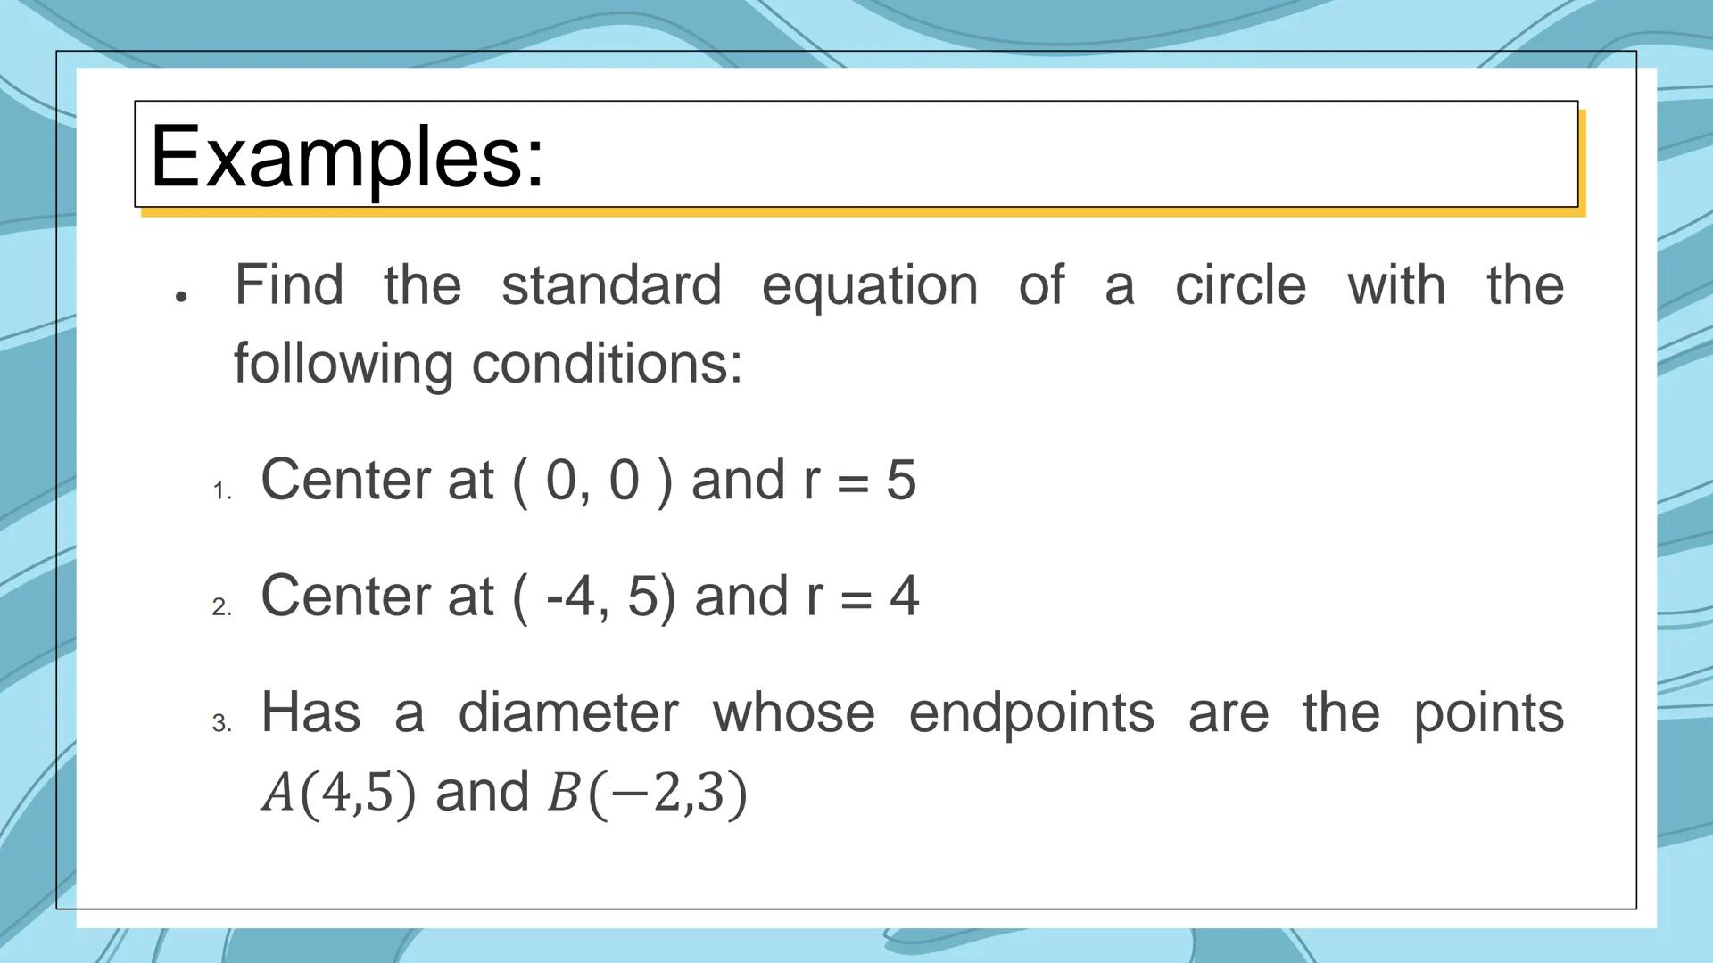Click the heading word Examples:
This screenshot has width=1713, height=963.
pyautogui.click(x=346, y=157)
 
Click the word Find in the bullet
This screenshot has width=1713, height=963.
pyautogui.click(x=288, y=285)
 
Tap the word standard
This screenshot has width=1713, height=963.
pyautogui.click(x=611, y=285)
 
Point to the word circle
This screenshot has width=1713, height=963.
pyautogui.click(x=1240, y=285)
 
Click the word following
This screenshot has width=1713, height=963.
pyautogui.click(x=343, y=364)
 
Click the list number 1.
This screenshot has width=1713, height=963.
pyautogui.click(x=220, y=491)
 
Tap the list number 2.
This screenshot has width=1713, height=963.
pyautogui.click(x=221, y=607)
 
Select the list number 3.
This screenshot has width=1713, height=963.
pyautogui.click(x=221, y=723)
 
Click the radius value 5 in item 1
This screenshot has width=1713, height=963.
pyautogui.click(x=901, y=480)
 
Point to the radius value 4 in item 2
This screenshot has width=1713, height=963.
pyautogui.click(x=904, y=596)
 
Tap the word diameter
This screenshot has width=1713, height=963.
pyautogui.click(x=568, y=713)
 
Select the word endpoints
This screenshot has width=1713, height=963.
pyautogui.click(x=1031, y=713)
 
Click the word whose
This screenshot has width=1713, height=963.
pyautogui.click(x=793, y=713)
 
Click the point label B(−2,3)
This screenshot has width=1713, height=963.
pyautogui.click(x=647, y=792)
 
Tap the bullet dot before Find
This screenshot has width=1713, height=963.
pyautogui.click(x=181, y=296)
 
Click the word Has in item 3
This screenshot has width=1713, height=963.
pyautogui.click(x=310, y=713)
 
